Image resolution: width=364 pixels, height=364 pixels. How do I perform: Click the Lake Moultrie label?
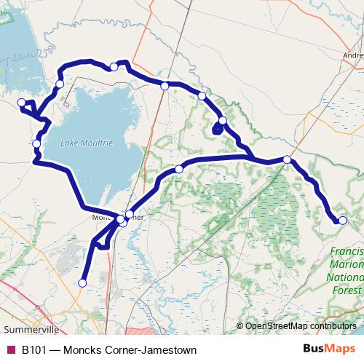(x=87, y=143)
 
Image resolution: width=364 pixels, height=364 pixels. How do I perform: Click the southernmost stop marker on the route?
(x=82, y=282)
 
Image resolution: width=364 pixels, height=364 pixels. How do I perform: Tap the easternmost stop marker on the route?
(x=343, y=220)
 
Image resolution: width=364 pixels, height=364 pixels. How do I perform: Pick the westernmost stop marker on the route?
(x=22, y=103)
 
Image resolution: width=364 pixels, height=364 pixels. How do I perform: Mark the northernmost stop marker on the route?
(x=114, y=67)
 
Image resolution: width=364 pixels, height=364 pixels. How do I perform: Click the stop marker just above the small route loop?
(x=223, y=120)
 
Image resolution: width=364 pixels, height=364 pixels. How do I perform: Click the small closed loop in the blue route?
(x=217, y=130)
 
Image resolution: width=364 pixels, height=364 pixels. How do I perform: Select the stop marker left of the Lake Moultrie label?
(x=36, y=143)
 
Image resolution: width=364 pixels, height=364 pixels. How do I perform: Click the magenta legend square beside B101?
(x=10, y=350)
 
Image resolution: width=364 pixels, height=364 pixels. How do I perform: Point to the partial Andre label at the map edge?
(x=353, y=55)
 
